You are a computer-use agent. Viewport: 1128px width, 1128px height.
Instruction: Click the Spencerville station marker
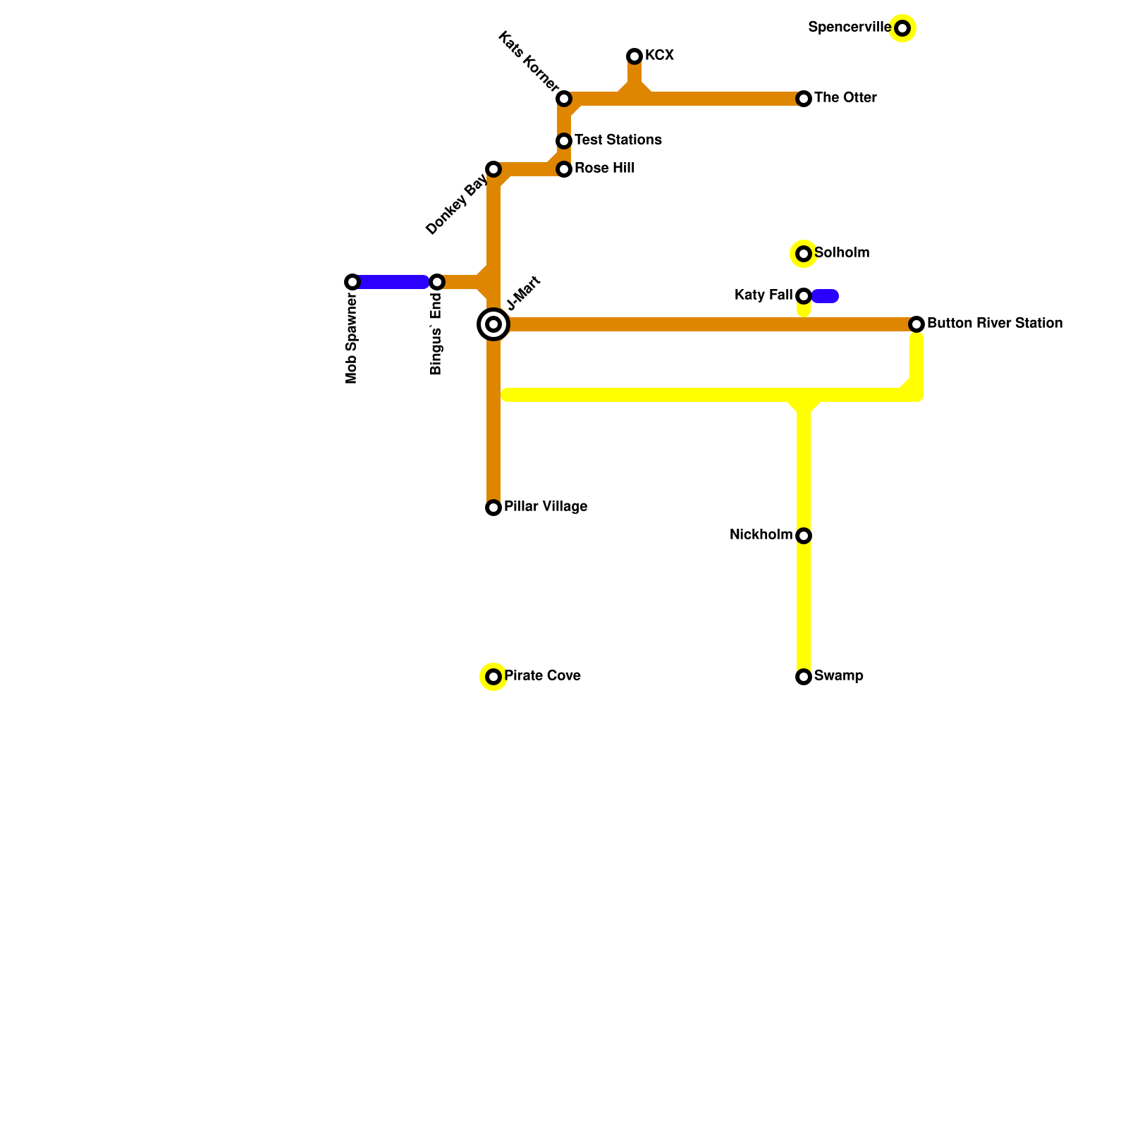[902, 28]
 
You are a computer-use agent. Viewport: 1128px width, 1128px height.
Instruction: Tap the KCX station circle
[634, 56]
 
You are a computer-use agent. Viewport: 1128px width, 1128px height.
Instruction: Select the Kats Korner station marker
[564, 99]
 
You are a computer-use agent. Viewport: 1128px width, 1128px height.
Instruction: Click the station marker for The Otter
[804, 99]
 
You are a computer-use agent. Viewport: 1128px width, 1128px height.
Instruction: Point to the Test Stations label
[618, 140]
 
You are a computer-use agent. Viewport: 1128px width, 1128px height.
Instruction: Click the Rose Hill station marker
[564, 169]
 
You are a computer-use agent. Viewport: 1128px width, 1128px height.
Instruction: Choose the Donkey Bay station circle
[493, 169]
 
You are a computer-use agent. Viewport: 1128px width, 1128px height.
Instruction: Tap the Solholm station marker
[804, 254]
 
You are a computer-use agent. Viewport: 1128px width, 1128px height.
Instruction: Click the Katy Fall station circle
[804, 296]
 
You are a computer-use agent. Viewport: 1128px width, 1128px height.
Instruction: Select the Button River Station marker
[916, 324]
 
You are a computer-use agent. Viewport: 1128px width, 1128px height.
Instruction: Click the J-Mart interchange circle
[493, 324]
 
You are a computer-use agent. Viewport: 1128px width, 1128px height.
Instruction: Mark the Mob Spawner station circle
[352, 282]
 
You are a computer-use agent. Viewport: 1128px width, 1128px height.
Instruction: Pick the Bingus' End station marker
[437, 282]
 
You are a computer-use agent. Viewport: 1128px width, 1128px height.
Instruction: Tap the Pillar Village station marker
[493, 508]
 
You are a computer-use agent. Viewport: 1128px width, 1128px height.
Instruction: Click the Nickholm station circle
[804, 536]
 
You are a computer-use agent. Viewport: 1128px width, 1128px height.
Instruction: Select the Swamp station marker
[804, 677]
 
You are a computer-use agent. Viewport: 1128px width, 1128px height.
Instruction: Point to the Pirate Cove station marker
[493, 677]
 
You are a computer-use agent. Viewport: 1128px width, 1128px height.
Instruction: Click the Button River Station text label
[994, 324]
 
